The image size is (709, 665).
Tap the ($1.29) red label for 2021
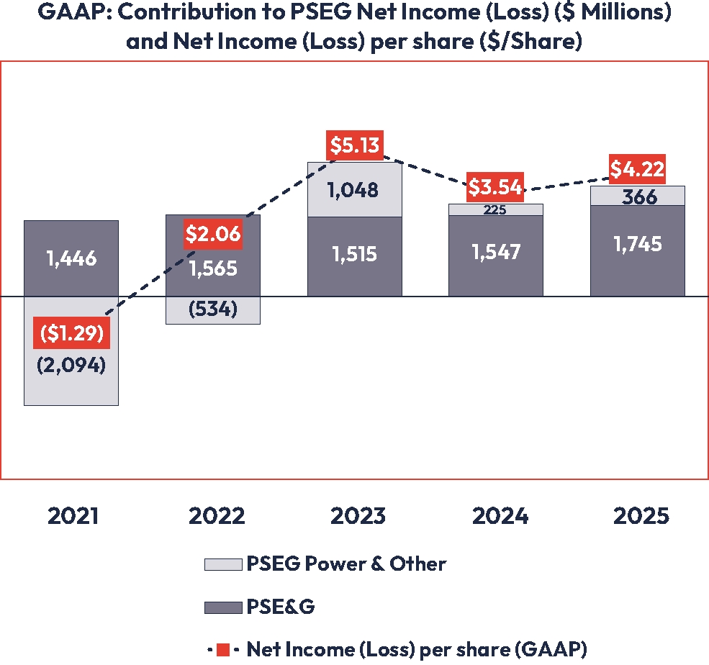[71, 335]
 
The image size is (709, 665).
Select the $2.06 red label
[212, 234]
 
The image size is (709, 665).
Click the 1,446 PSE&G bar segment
[71, 258]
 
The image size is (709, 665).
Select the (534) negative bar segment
[212, 310]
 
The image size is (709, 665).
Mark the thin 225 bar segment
[495, 210]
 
